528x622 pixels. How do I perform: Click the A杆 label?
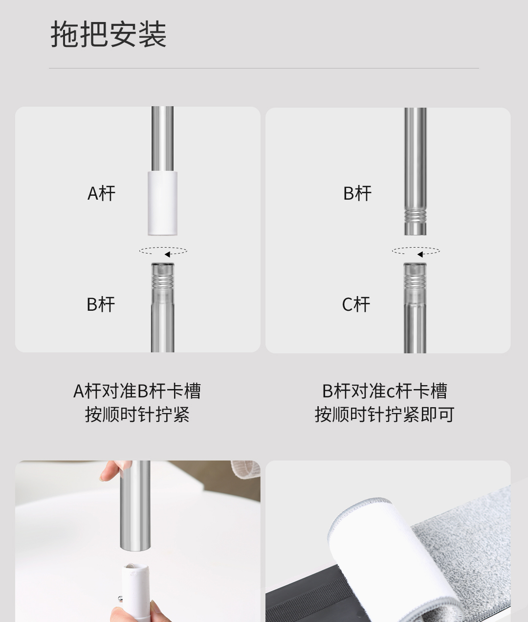pos(101,193)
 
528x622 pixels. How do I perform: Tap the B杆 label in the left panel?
pos(101,304)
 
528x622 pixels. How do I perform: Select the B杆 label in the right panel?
pos(357,193)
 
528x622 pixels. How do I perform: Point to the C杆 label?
pos(356,304)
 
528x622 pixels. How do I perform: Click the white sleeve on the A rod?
pos(162,204)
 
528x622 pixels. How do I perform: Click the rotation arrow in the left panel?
pos(163,251)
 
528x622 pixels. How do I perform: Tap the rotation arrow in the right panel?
pos(416,251)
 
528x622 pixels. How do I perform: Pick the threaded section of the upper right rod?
pos(415,215)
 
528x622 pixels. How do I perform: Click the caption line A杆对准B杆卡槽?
pos(137,391)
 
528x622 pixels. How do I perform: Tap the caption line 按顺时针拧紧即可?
pos(385,415)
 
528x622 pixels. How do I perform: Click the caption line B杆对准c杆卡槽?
pos(385,391)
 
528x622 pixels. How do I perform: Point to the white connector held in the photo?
pos(135,592)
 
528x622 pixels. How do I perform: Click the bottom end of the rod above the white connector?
pos(135,550)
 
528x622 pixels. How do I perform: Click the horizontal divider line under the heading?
pos(264,69)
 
